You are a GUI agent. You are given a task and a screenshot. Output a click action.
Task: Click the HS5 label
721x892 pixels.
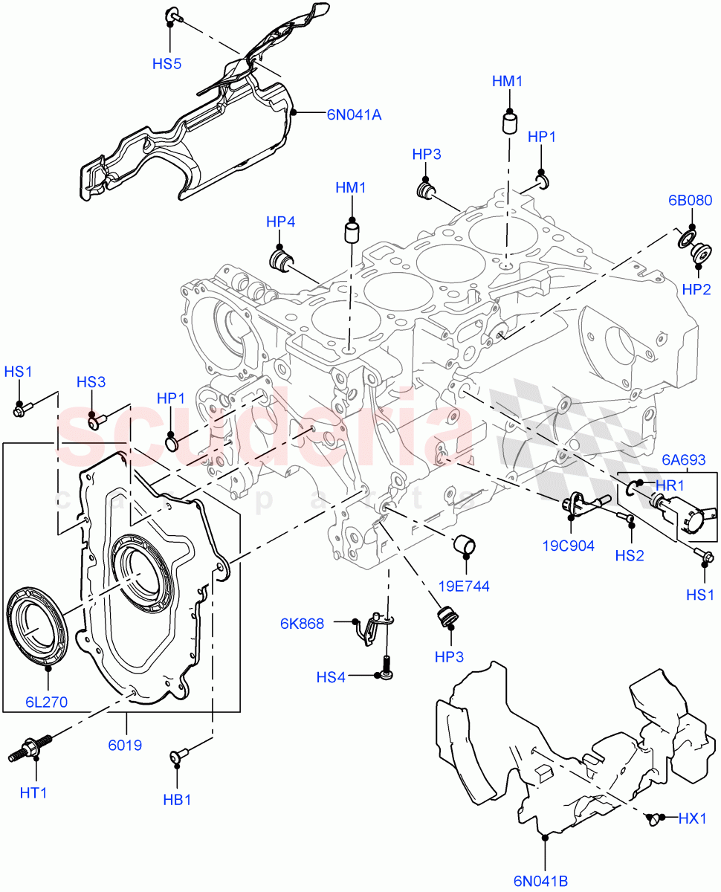(166, 64)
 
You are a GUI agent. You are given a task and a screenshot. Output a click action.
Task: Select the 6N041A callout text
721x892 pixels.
(354, 114)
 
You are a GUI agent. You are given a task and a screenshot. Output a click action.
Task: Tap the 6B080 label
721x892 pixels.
(690, 201)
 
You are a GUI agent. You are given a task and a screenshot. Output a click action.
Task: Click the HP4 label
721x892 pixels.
(281, 222)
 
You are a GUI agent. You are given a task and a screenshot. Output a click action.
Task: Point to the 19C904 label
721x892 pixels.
(568, 546)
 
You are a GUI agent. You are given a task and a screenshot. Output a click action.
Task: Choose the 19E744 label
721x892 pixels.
(464, 586)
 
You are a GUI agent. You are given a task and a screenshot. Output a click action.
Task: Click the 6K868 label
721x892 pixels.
(302, 624)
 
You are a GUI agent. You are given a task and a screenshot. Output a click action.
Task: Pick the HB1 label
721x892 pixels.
(178, 801)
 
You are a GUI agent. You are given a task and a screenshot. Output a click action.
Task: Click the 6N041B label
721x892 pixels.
(540, 882)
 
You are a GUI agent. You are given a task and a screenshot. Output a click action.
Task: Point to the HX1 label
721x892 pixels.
(693, 818)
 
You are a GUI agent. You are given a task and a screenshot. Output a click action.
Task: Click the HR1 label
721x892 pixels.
(670, 484)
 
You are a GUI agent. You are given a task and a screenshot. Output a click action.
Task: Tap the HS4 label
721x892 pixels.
(332, 677)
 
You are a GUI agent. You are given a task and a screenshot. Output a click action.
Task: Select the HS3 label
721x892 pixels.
(91, 382)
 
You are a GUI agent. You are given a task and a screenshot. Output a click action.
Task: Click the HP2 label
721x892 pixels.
(696, 289)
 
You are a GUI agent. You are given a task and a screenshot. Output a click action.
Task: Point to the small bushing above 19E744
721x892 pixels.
(465, 544)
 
